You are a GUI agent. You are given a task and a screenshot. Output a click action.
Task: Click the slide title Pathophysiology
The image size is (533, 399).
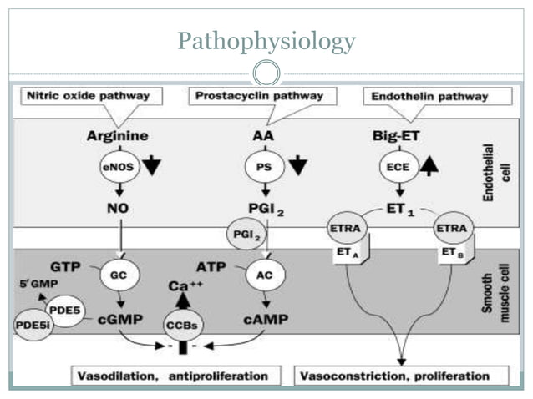tap(266, 41)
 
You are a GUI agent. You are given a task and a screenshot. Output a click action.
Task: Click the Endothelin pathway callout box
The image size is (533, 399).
tap(436, 97)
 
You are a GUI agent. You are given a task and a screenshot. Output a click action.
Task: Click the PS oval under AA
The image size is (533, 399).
tap(261, 166)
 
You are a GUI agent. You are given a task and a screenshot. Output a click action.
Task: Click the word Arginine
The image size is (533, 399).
tap(117, 135)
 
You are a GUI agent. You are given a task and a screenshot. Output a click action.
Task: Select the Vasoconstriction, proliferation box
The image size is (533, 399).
tap(403, 376)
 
